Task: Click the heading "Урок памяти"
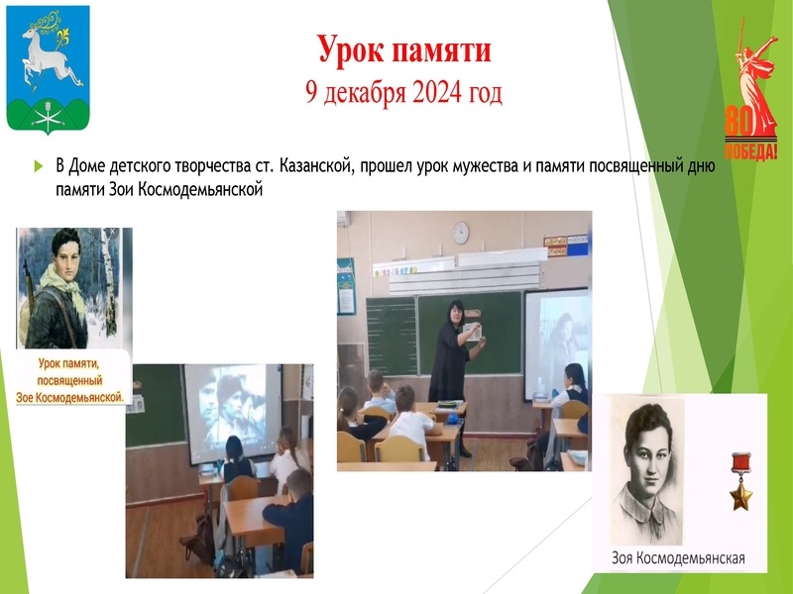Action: pyautogui.click(x=403, y=49)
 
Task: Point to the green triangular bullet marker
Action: pyautogui.click(x=39, y=165)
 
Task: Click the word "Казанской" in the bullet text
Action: pyautogui.click(x=319, y=165)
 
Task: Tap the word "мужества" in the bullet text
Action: pyautogui.click(x=510, y=165)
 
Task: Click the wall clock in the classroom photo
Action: pyautogui.click(x=460, y=232)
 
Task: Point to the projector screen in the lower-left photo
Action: pyautogui.click(x=231, y=408)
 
